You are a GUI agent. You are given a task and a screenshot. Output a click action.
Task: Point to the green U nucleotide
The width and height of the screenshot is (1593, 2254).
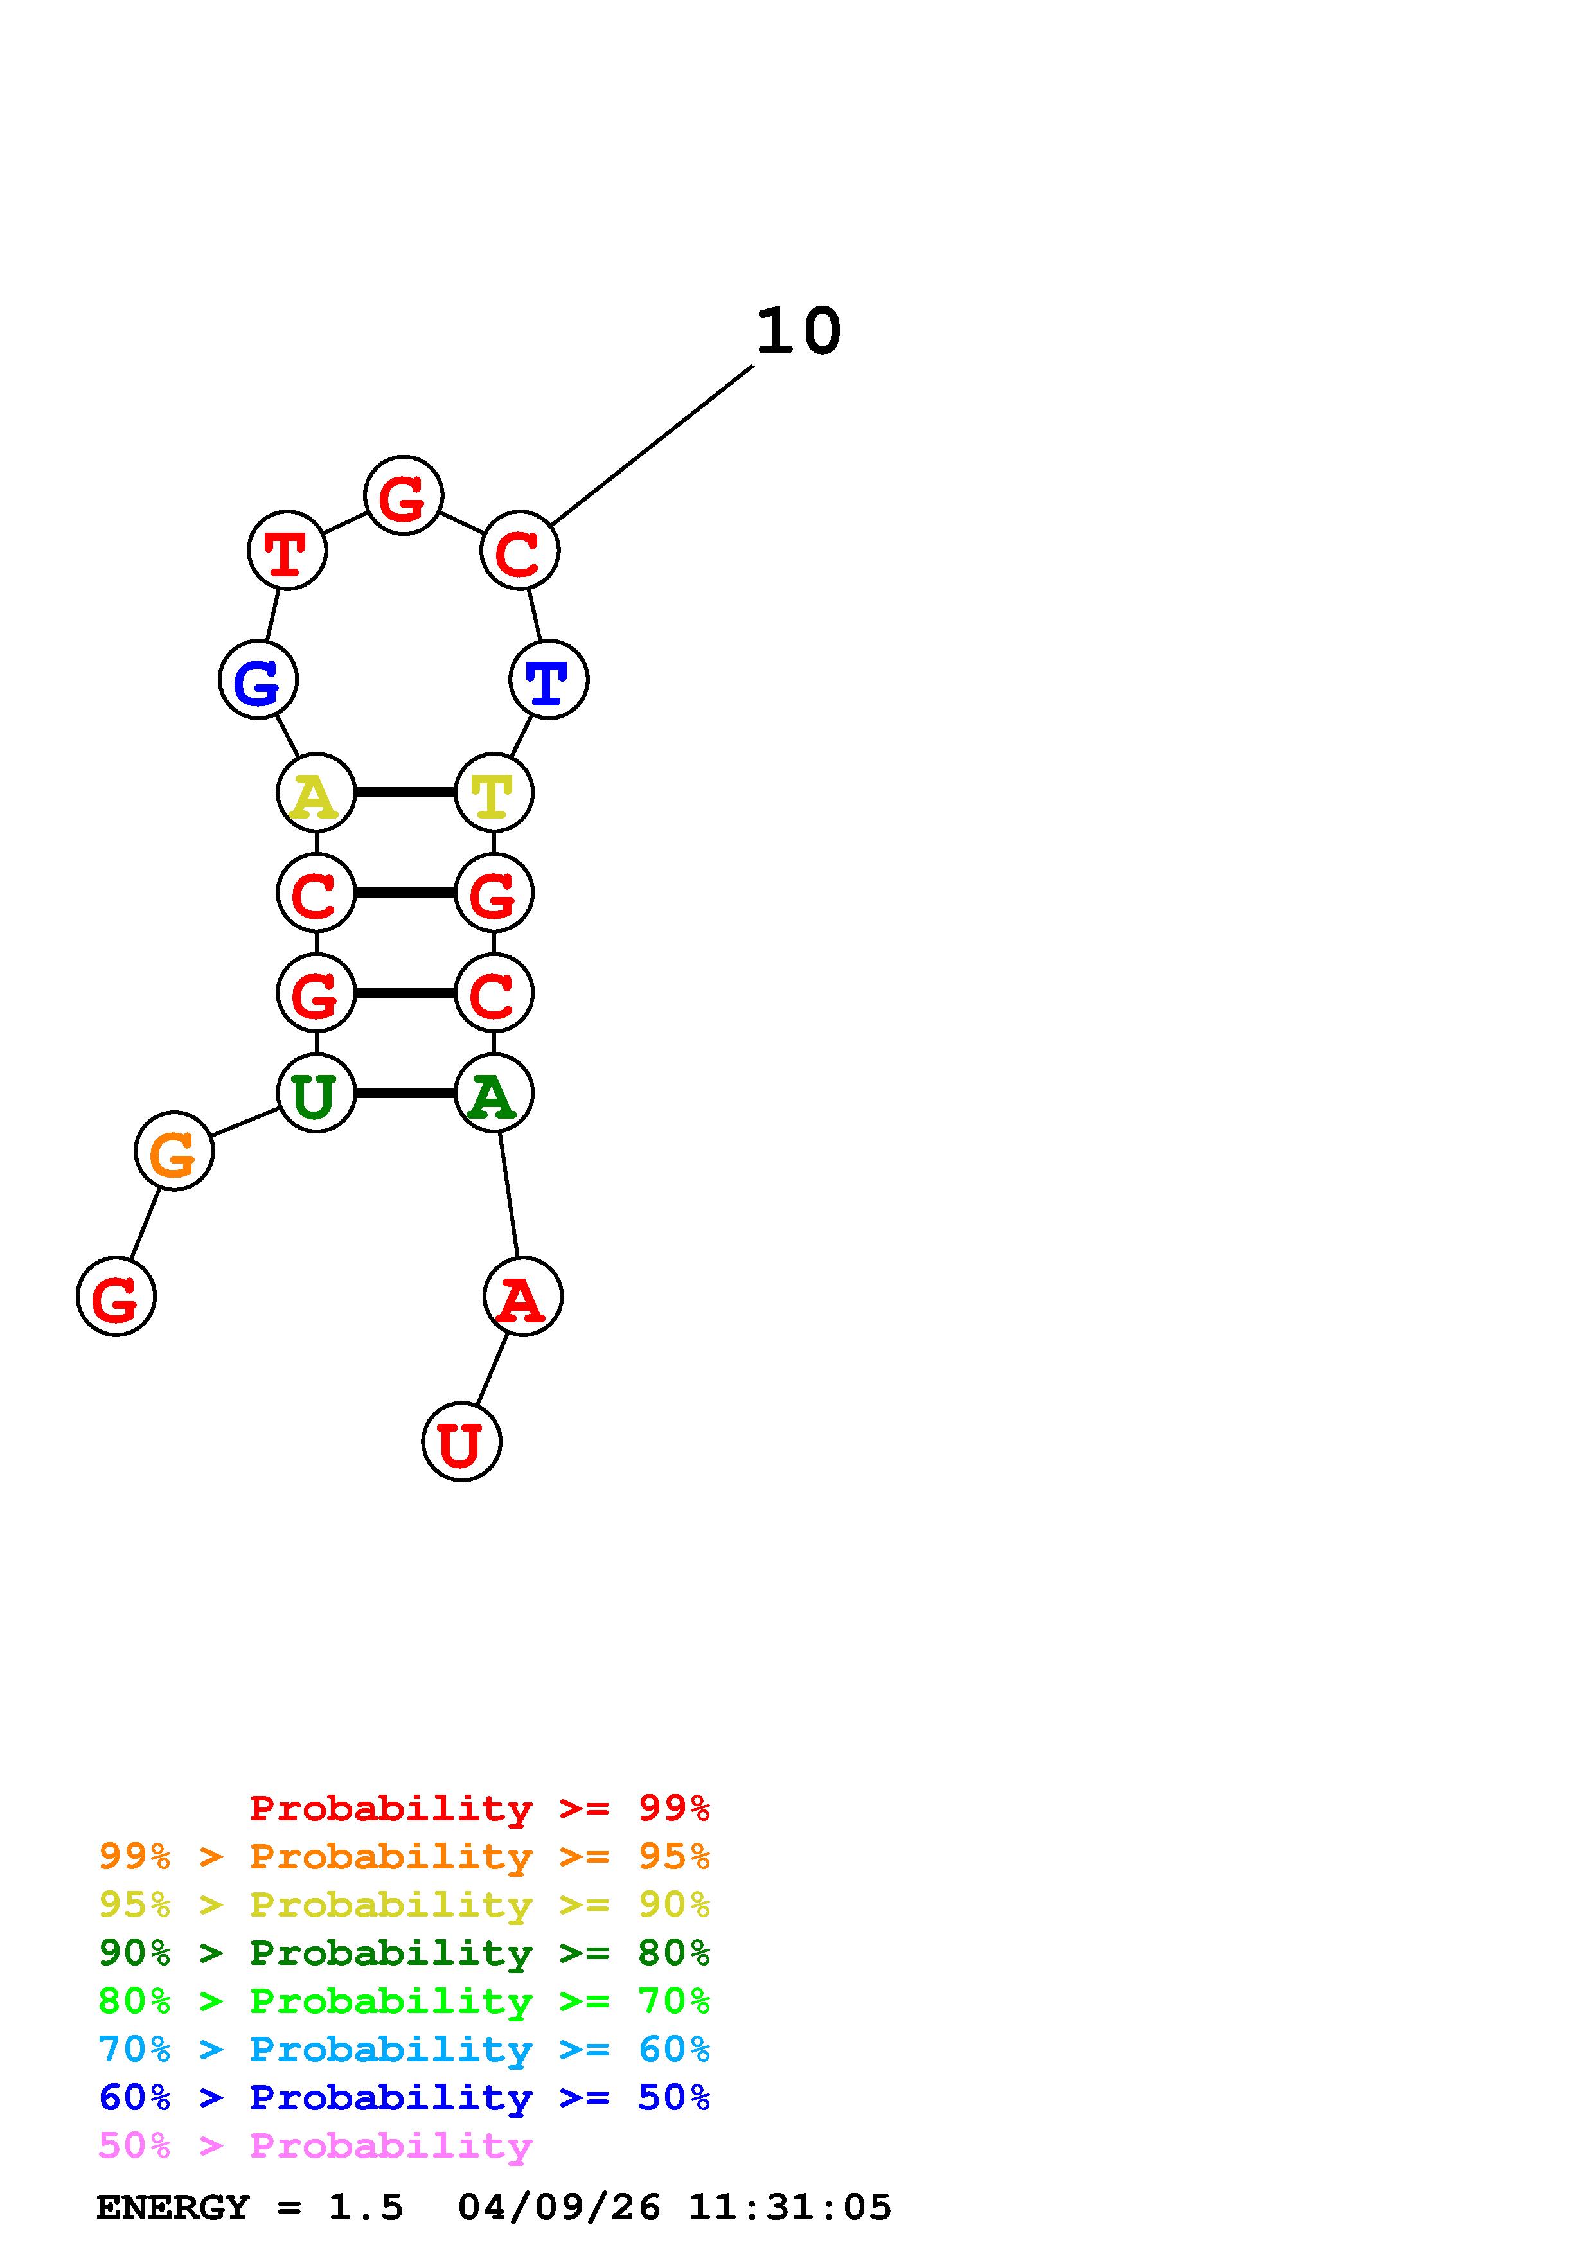tap(316, 1093)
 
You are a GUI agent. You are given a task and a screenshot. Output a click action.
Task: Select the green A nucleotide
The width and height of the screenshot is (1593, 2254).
tap(494, 1093)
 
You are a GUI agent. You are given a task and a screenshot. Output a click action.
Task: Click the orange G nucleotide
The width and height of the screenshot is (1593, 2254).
tap(174, 1151)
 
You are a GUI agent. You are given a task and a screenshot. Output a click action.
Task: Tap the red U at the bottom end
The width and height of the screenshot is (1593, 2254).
tap(461, 1441)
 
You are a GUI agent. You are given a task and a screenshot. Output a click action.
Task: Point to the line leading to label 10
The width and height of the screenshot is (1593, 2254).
tap(652, 445)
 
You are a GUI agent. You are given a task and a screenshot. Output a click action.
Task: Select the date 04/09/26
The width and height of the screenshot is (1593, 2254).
tap(560, 2207)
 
